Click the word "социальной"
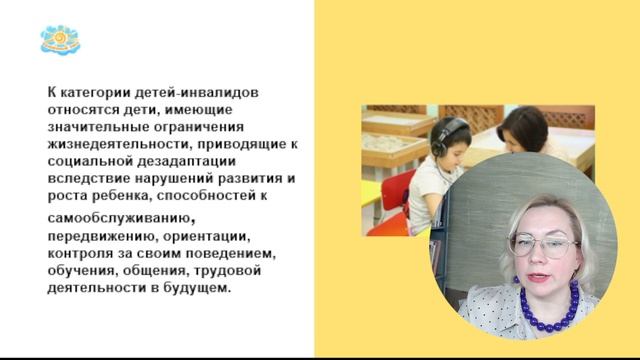85,162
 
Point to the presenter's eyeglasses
544,245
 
